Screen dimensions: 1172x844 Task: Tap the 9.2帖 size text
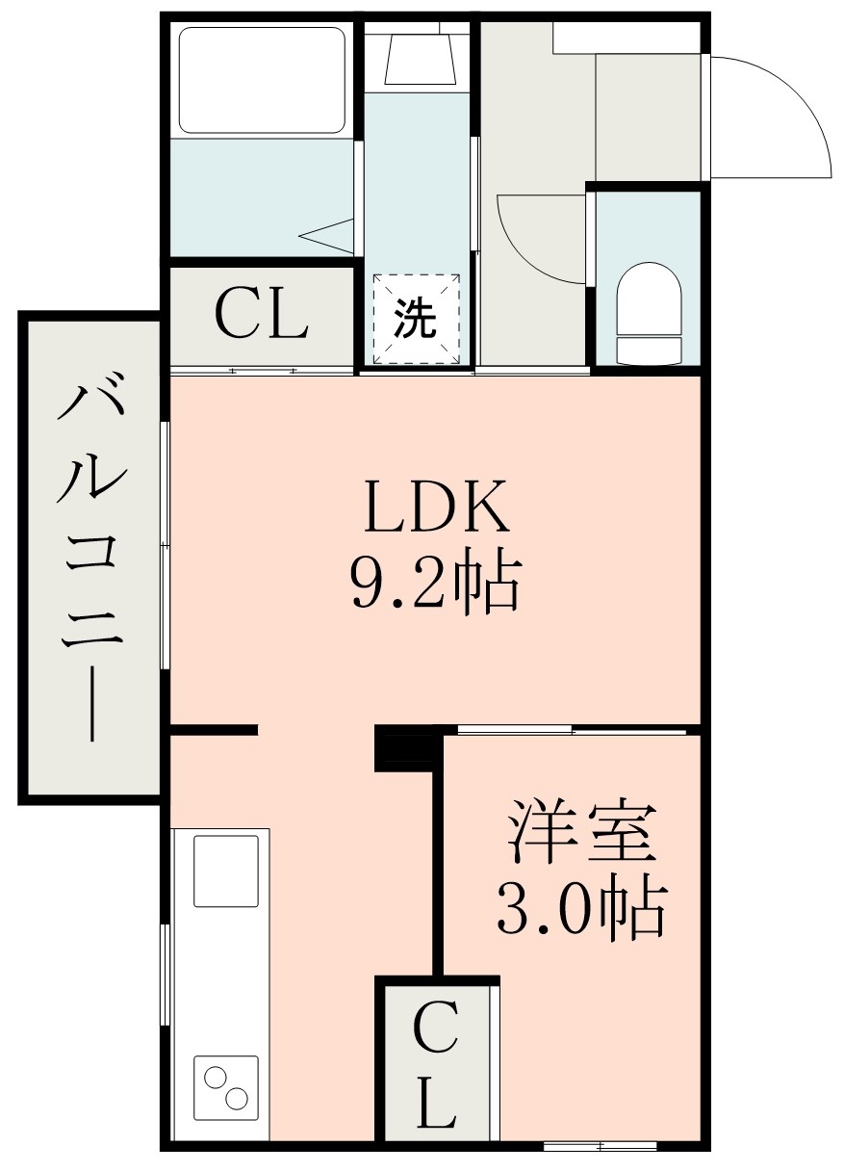(434, 582)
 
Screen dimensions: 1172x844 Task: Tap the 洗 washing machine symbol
(417, 320)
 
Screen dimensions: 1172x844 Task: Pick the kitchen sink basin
(226, 871)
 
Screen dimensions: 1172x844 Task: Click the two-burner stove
(226, 1087)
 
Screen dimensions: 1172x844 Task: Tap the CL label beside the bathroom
(261, 315)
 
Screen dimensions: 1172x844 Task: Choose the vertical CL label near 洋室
(435, 1065)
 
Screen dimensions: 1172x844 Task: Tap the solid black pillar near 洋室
(395, 747)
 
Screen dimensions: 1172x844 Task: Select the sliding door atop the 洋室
(573, 729)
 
